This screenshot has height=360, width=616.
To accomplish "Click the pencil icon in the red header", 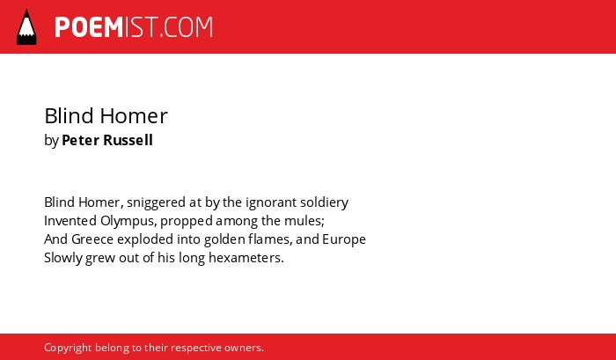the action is point(26,27).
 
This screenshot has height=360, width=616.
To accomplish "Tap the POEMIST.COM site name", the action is point(134,27).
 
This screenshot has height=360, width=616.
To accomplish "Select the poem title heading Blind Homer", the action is point(106,116).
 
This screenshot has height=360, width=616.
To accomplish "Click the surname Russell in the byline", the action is point(128,140).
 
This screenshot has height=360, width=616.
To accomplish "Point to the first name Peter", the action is point(80,140).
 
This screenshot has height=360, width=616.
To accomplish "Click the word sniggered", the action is point(156,202).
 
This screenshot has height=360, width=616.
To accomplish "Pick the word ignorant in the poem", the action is point(271,202).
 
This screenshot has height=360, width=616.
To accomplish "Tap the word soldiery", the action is point(324,202).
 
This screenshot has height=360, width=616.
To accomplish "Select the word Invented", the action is point(70,221).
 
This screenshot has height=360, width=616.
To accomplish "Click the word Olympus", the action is point(128,222).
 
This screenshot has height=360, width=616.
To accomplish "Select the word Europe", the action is point(344,240).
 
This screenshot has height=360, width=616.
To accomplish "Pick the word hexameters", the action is point(246,258).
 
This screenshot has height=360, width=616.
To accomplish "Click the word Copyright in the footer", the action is point(68,349).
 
